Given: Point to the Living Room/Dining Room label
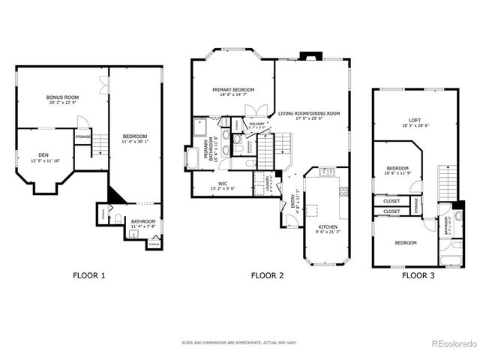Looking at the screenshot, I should click(x=308, y=113).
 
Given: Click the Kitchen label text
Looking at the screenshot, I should click(x=327, y=226).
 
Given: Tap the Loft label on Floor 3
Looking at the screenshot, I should click(x=415, y=120).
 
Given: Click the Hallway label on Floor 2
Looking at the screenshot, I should click(x=256, y=124).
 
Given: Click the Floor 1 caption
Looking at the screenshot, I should click(x=88, y=275).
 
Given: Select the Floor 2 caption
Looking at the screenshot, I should click(x=267, y=275).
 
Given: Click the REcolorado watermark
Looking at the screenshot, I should click(x=454, y=344).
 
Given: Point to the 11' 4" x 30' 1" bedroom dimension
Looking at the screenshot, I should click(x=135, y=142).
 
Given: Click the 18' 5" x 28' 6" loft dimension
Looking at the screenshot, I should click(x=415, y=127).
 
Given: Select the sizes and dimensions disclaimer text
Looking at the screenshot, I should click(x=239, y=343).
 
